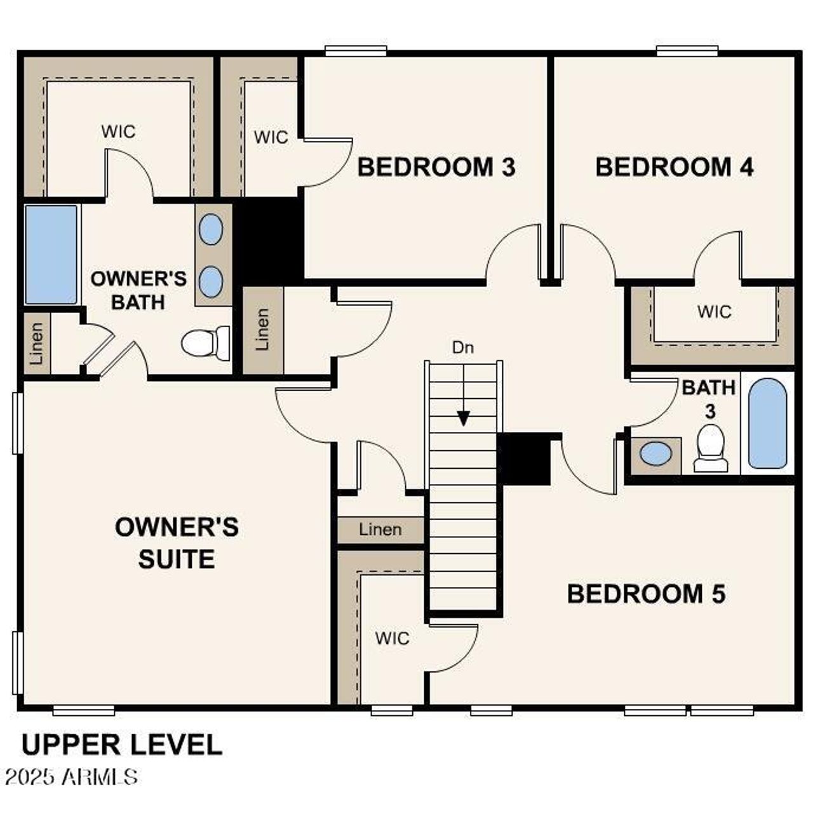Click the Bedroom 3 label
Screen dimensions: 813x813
(436, 167)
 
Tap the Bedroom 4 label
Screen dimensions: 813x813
(674, 167)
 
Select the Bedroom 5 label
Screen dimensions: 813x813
(645, 594)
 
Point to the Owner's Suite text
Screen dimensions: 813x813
(177, 543)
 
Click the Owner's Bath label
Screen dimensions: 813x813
(138, 290)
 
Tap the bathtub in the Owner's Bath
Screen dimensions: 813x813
(51, 254)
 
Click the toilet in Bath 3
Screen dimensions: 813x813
(711, 448)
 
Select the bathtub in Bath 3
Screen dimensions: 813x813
(767, 424)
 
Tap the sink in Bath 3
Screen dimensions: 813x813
(655, 454)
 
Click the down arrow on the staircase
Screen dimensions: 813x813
(464, 417)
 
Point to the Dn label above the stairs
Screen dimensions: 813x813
(462, 347)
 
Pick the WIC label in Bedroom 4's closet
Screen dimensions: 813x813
(714, 312)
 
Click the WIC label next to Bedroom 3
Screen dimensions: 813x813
(271, 137)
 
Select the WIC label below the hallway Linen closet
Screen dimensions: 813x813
(392, 638)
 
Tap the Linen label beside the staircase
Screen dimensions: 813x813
(380, 529)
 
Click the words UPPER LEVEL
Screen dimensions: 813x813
(122, 744)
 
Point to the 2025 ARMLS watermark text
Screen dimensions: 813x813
(71, 776)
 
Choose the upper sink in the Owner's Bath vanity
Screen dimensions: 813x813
(211, 229)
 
